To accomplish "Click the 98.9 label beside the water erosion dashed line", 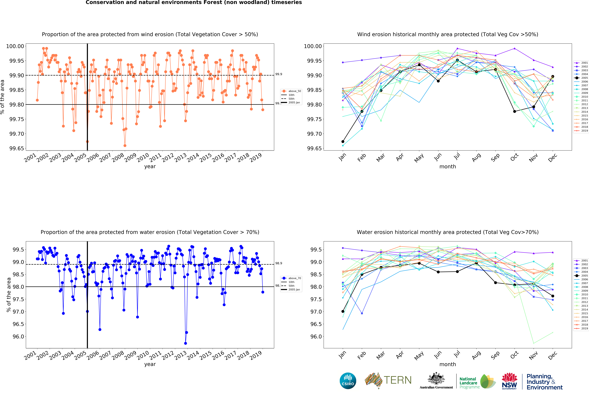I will click(279, 263).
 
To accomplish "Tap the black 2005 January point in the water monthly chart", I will click(343, 311).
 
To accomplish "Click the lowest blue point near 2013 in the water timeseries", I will click(186, 343).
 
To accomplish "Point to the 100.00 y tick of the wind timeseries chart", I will click(15, 46).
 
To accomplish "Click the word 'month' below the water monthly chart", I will click(448, 364).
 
